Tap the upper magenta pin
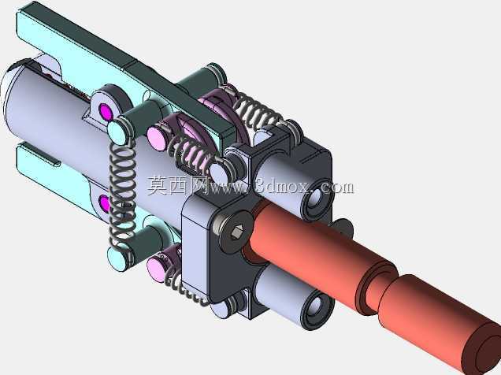pos(106,111)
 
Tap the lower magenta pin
pos(105,204)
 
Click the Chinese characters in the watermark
pos(176,186)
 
